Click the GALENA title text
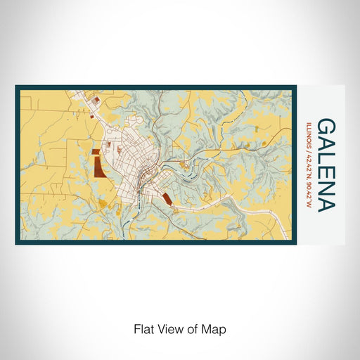[x=326, y=165]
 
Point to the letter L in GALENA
[x=326, y=157]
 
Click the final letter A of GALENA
[x=326, y=201]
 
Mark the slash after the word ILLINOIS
[x=309, y=151]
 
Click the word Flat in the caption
[x=142, y=328]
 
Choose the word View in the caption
[x=167, y=328]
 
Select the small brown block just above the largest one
[x=94, y=150]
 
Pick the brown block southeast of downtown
[x=167, y=199]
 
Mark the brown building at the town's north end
[x=96, y=102]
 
